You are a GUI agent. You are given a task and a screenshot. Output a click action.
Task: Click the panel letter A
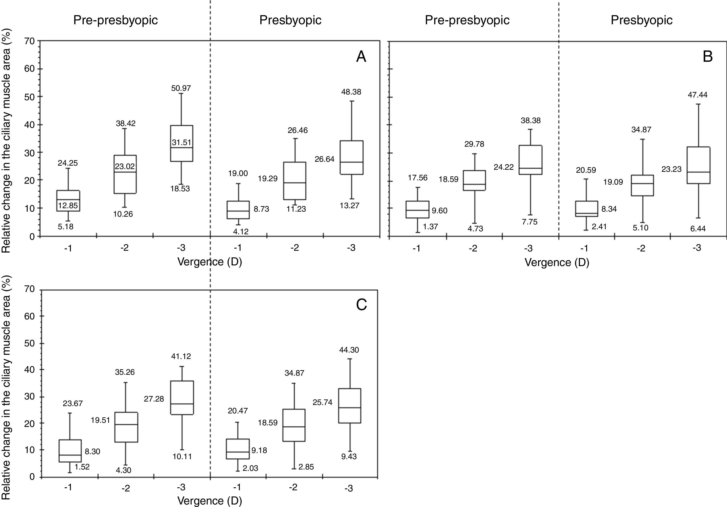tap(361, 57)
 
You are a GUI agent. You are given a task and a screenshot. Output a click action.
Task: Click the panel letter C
tap(361, 305)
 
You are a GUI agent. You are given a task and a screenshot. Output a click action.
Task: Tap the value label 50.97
tap(181, 88)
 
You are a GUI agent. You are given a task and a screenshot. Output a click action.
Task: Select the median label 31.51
tap(182, 142)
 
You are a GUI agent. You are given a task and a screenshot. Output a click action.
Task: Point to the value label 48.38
tap(351, 92)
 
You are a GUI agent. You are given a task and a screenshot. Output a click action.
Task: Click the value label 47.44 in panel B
tap(698, 95)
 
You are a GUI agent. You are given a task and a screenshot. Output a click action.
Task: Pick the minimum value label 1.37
tap(430, 227)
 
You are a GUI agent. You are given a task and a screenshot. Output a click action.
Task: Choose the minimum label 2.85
tap(306, 467)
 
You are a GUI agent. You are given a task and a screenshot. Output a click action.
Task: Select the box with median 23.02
tap(125, 174)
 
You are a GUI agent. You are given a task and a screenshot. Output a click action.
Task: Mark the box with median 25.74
tap(350, 406)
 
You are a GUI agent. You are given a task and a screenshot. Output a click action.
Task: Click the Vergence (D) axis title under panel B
tap(557, 262)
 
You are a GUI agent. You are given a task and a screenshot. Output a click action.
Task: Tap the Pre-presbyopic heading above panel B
tap(467, 20)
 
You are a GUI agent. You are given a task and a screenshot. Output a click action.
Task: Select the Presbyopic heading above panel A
tap(290, 20)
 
